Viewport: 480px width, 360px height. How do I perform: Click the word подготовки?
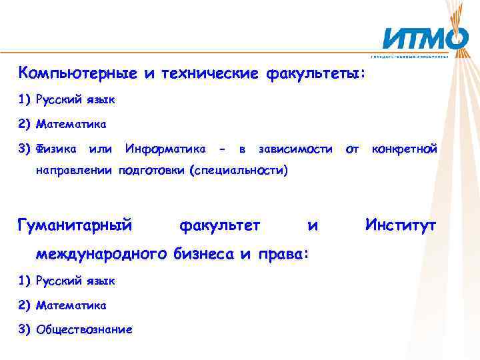pyautogui.click(x=153, y=170)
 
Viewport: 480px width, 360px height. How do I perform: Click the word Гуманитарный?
pyautogui.click(x=75, y=226)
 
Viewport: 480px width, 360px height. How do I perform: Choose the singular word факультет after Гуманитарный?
pyautogui.click(x=220, y=226)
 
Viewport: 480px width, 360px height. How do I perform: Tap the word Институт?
pyautogui.click(x=401, y=226)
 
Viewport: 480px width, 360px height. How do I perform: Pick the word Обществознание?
pyautogui.click(x=84, y=329)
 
